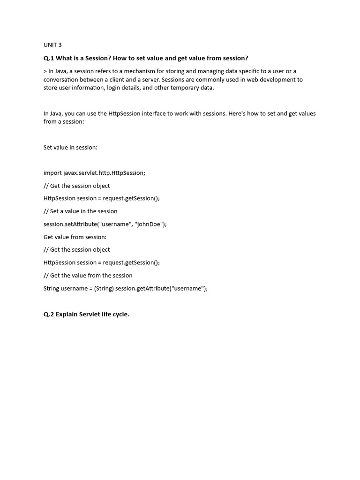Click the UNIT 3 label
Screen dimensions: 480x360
pos(52,45)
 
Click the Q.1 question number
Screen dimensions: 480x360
pos(49,58)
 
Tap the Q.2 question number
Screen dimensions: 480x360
pos(49,314)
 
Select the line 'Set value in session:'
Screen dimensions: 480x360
pos(70,147)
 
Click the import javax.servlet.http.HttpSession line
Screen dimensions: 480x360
pos(94,173)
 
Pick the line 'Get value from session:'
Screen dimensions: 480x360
pos(75,237)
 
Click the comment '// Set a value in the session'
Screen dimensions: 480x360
pos(80,211)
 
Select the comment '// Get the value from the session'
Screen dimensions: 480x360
pos(88,276)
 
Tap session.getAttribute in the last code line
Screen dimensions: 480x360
pos(139,288)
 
